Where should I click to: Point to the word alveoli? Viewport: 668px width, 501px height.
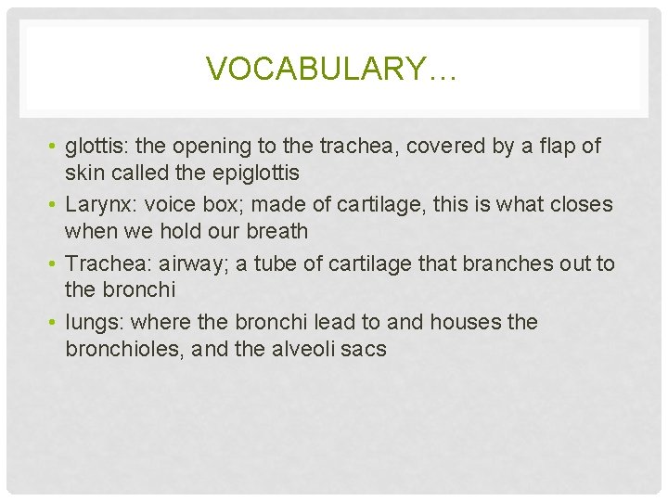302,350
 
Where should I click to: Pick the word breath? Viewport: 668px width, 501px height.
276,231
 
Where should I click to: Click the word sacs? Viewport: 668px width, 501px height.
366,350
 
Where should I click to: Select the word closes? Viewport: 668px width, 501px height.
581,204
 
